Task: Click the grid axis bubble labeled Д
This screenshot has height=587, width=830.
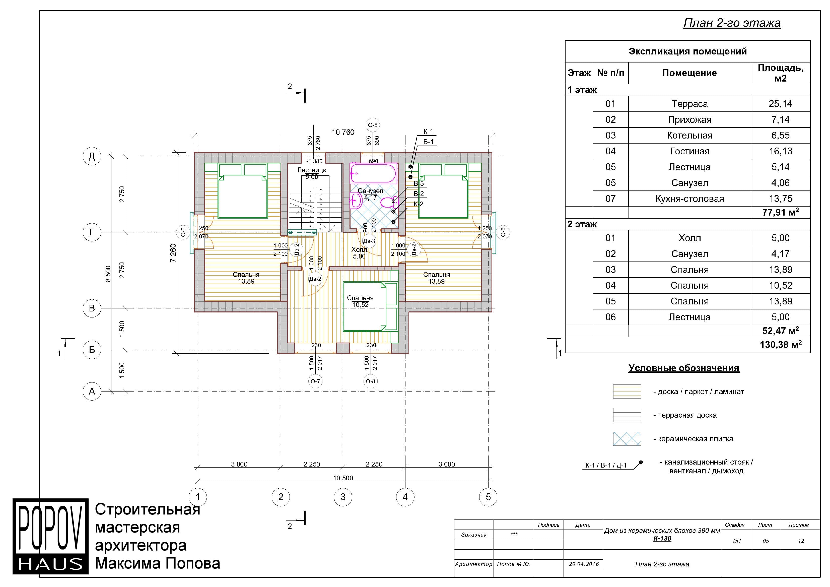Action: pyautogui.click(x=92, y=156)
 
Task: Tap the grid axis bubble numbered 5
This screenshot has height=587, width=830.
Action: pyautogui.click(x=488, y=497)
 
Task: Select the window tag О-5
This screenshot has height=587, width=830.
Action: pyautogui.click(x=373, y=125)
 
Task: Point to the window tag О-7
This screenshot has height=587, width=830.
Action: pyautogui.click(x=315, y=381)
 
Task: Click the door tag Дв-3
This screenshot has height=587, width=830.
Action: pyautogui.click(x=369, y=241)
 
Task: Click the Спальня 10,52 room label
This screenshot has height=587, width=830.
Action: pyautogui.click(x=360, y=301)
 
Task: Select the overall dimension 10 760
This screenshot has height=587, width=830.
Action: pyautogui.click(x=343, y=132)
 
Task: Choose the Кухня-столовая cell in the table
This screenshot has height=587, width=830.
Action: pyautogui.click(x=689, y=199)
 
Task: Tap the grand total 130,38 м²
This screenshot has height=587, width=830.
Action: pyautogui.click(x=781, y=344)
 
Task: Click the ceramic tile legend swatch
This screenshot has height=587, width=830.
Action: pyautogui.click(x=627, y=439)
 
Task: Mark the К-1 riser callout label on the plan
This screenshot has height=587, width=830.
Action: pyautogui.click(x=428, y=132)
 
